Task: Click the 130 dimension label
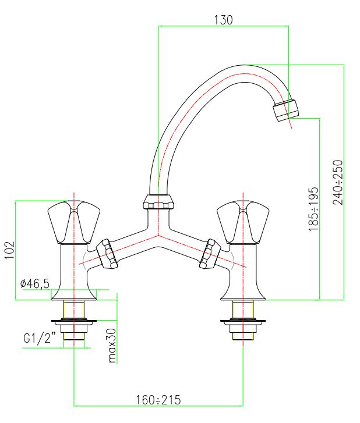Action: pyautogui.click(x=223, y=20)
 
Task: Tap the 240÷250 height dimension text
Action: pyautogui.click(x=338, y=182)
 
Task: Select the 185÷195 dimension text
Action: pyautogui.click(x=313, y=209)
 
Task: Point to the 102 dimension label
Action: pyautogui.click(x=9, y=250)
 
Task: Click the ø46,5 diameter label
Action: pyautogui.click(x=35, y=283)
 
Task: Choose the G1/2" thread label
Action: pyautogui.click(x=40, y=338)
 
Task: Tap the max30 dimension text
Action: pyautogui.click(x=111, y=345)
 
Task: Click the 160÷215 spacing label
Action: pyautogui.click(x=158, y=400)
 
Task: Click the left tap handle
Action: pyautogui.click(x=74, y=222)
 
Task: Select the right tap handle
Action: pyautogui.click(x=243, y=222)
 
